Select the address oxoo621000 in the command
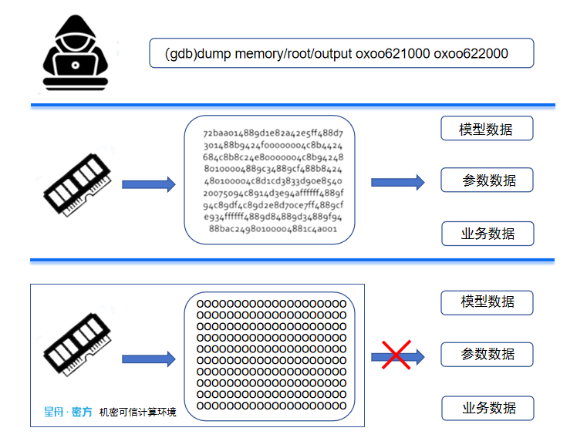click(x=392, y=54)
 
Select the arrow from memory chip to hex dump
click(x=148, y=184)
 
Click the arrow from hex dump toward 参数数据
click(x=397, y=182)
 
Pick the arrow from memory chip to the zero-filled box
click(x=148, y=359)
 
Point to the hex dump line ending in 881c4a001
click(x=273, y=229)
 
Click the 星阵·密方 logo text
click(x=67, y=413)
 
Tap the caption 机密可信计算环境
click(x=137, y=413)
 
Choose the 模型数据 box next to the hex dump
click(x=487, y=129)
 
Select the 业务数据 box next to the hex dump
click(x=487, y=233)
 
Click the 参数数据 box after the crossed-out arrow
click(x=487, y=355)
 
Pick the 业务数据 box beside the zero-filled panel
click(x=487, y=408)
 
